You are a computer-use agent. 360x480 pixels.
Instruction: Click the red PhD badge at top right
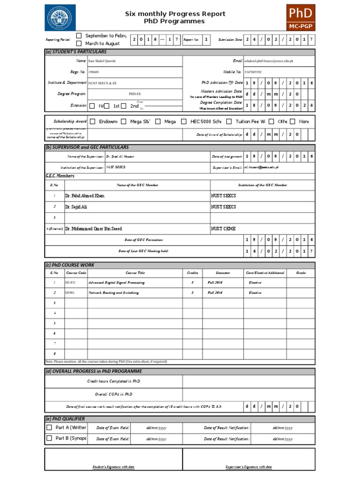click(300, 17)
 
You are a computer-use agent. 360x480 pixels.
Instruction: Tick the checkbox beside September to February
click(79, 36)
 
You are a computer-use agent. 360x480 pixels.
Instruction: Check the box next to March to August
click(79, 44)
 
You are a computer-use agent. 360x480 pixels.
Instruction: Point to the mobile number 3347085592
click(253, 72)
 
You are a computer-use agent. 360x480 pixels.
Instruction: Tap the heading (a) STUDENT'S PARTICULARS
click(76, 52)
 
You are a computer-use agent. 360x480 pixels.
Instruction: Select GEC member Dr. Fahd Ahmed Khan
click(85, 196)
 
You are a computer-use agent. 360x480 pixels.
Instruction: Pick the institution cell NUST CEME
click(224, 229)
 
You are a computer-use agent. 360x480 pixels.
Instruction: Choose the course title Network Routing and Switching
click(113, 293)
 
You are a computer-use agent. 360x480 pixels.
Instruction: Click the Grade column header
click(300, 273)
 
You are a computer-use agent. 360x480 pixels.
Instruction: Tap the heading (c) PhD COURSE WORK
click(70, 265)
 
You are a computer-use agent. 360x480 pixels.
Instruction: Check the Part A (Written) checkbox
click(49, 427)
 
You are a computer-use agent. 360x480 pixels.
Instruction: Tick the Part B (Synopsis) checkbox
click(49, 438)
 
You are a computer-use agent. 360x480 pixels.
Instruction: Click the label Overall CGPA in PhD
click(113, 395)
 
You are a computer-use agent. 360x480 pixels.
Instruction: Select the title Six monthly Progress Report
click(175, 14)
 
